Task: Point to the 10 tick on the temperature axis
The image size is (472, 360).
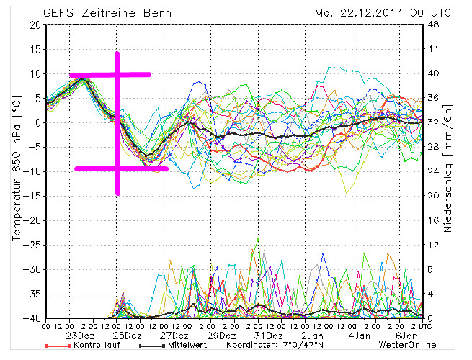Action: (35, 73)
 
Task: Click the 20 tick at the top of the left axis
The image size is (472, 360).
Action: (35, 24)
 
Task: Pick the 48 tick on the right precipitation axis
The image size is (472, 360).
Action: (434, 24)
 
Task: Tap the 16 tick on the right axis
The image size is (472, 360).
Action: (434, 220)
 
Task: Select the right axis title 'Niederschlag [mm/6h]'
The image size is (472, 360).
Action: (450, 171)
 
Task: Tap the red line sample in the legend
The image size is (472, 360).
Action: (58, 346)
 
